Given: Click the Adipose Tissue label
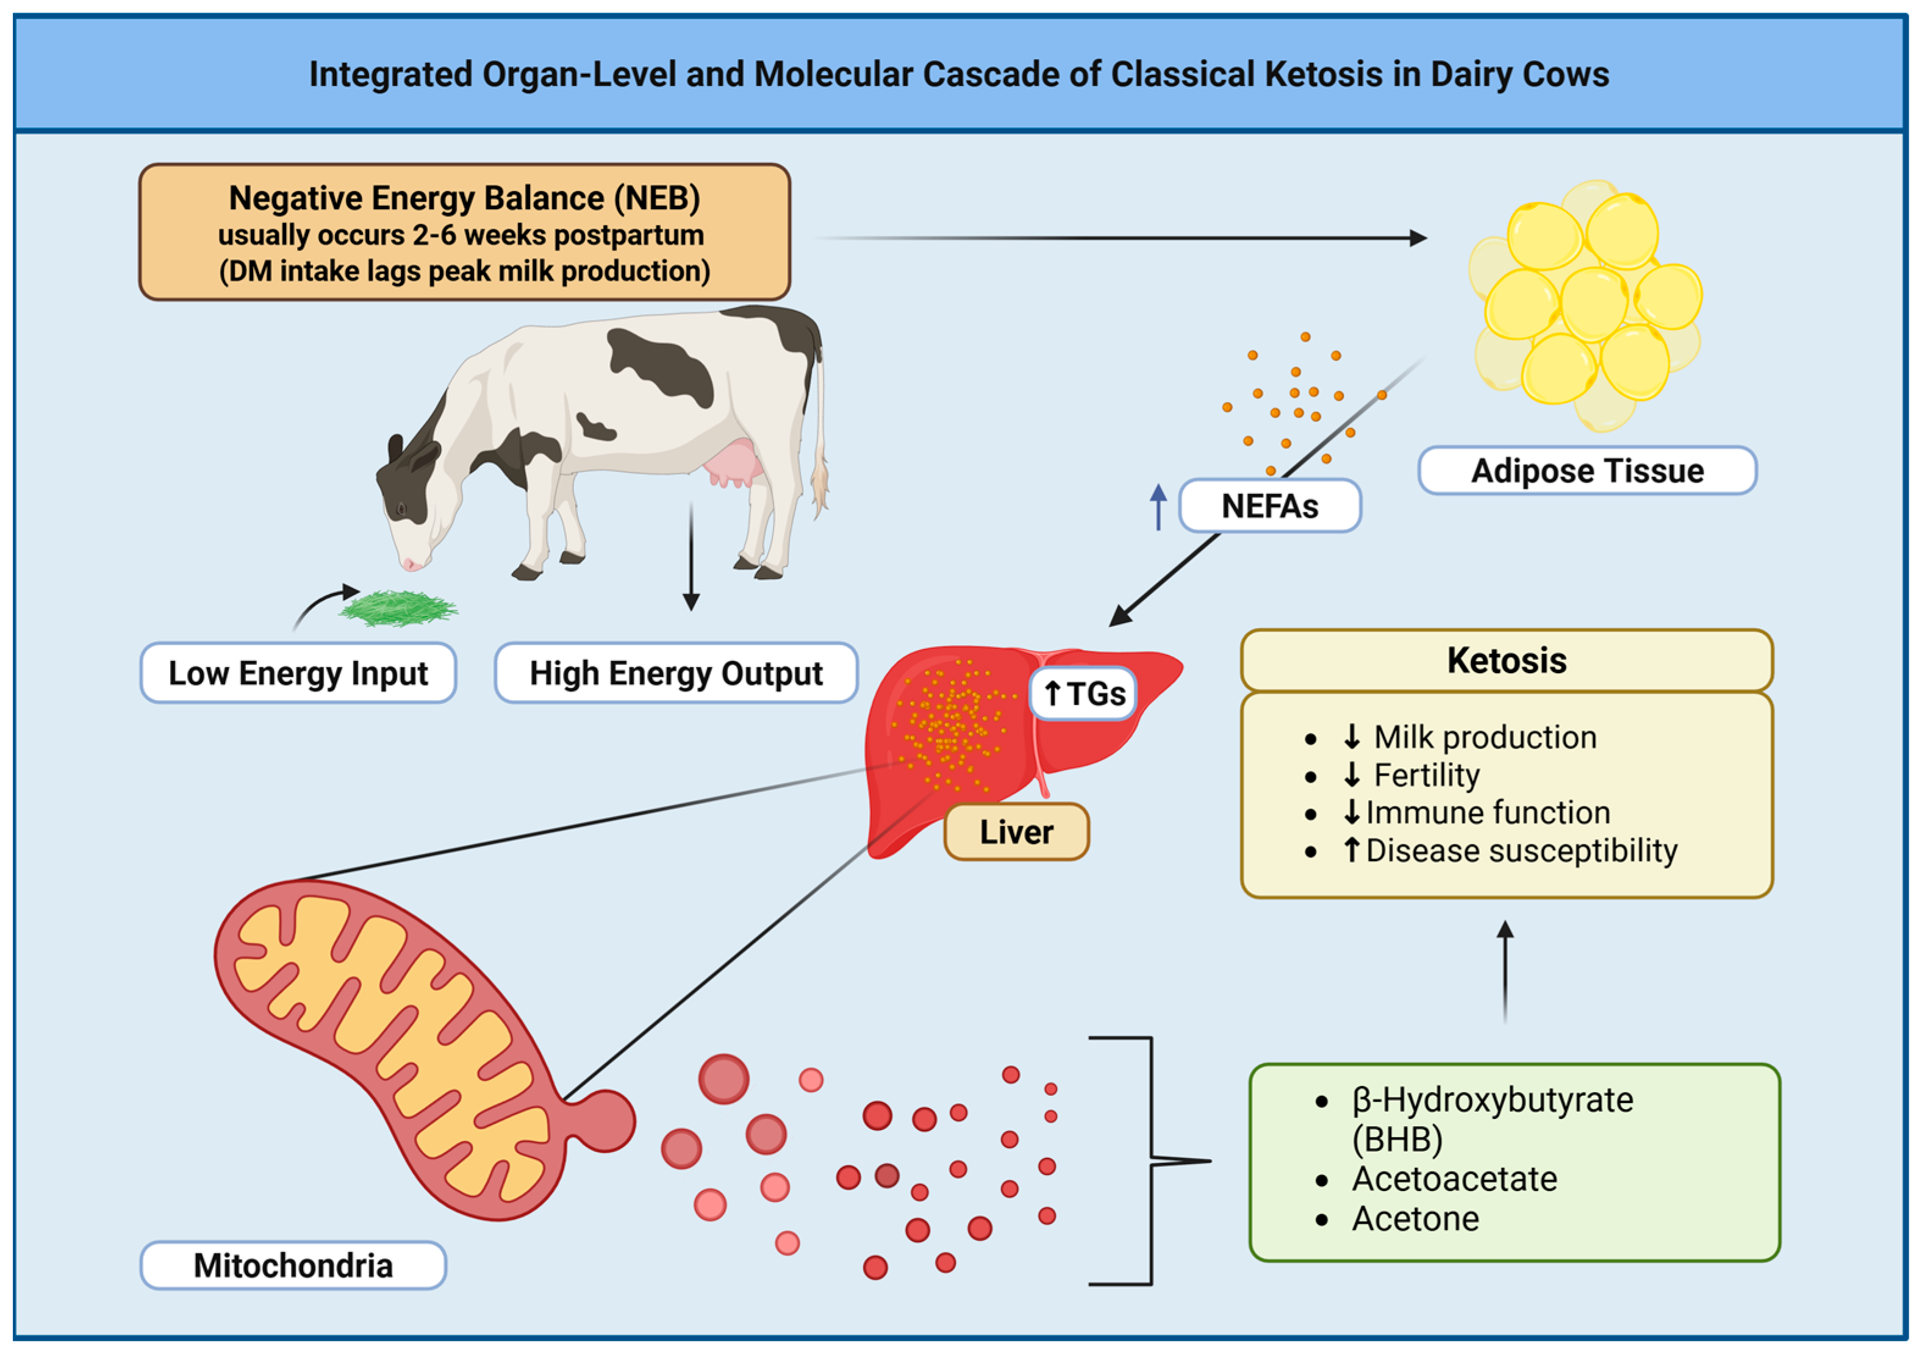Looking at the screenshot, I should pyautogui.click(x=1587, y=471).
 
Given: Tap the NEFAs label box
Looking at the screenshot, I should pyautogui.click(x=1269, y=506).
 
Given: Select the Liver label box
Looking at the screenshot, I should pyautogui.click(x=1016, y=832).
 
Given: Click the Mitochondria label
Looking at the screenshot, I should pyautogui.click(x=293, y=1265).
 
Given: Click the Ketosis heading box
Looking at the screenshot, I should pyautogui.click(x=1506, y=660).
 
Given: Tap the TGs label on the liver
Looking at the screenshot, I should pyautogui.click(x=1083, y=694).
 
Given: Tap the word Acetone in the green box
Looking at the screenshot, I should pyautogui.click(x=1415, y=1219).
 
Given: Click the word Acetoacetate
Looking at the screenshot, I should pyautogui.click(x=1454, y=1179).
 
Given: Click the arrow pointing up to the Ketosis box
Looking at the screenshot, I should pyautogui.click(x=1505, y=971).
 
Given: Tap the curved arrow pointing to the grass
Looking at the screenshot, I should pyautogui.click(x=322, y=606).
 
